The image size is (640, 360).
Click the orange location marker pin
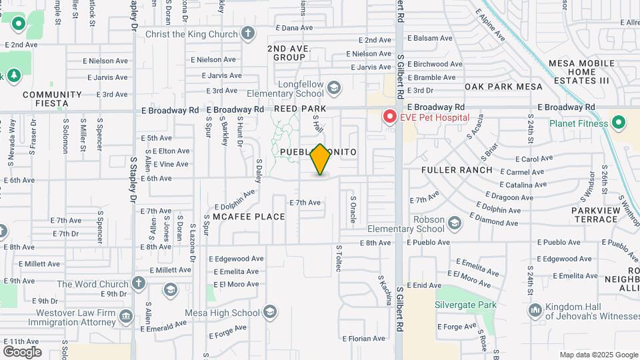click(321, 159)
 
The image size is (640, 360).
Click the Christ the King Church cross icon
click(248, 34)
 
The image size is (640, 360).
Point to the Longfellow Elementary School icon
click(334, 87)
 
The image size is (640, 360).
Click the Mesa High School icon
click(270, 312)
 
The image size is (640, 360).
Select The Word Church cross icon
click(139, 283)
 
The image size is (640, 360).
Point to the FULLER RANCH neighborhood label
click(457, 170)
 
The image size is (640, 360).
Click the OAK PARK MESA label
click(504, 87)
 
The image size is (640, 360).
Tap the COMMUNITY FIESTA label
click(52, 99)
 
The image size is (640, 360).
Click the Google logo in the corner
click(22, 351)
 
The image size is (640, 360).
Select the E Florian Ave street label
click(364, 338)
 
